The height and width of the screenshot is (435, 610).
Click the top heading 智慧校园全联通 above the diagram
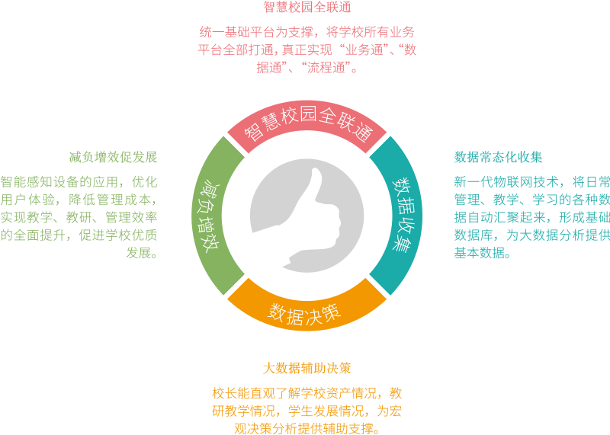307,8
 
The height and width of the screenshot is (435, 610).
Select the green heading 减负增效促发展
113,158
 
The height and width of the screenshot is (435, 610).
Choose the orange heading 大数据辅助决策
307,368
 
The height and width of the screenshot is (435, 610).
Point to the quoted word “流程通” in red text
329,68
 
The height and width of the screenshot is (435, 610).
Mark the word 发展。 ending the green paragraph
143,253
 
